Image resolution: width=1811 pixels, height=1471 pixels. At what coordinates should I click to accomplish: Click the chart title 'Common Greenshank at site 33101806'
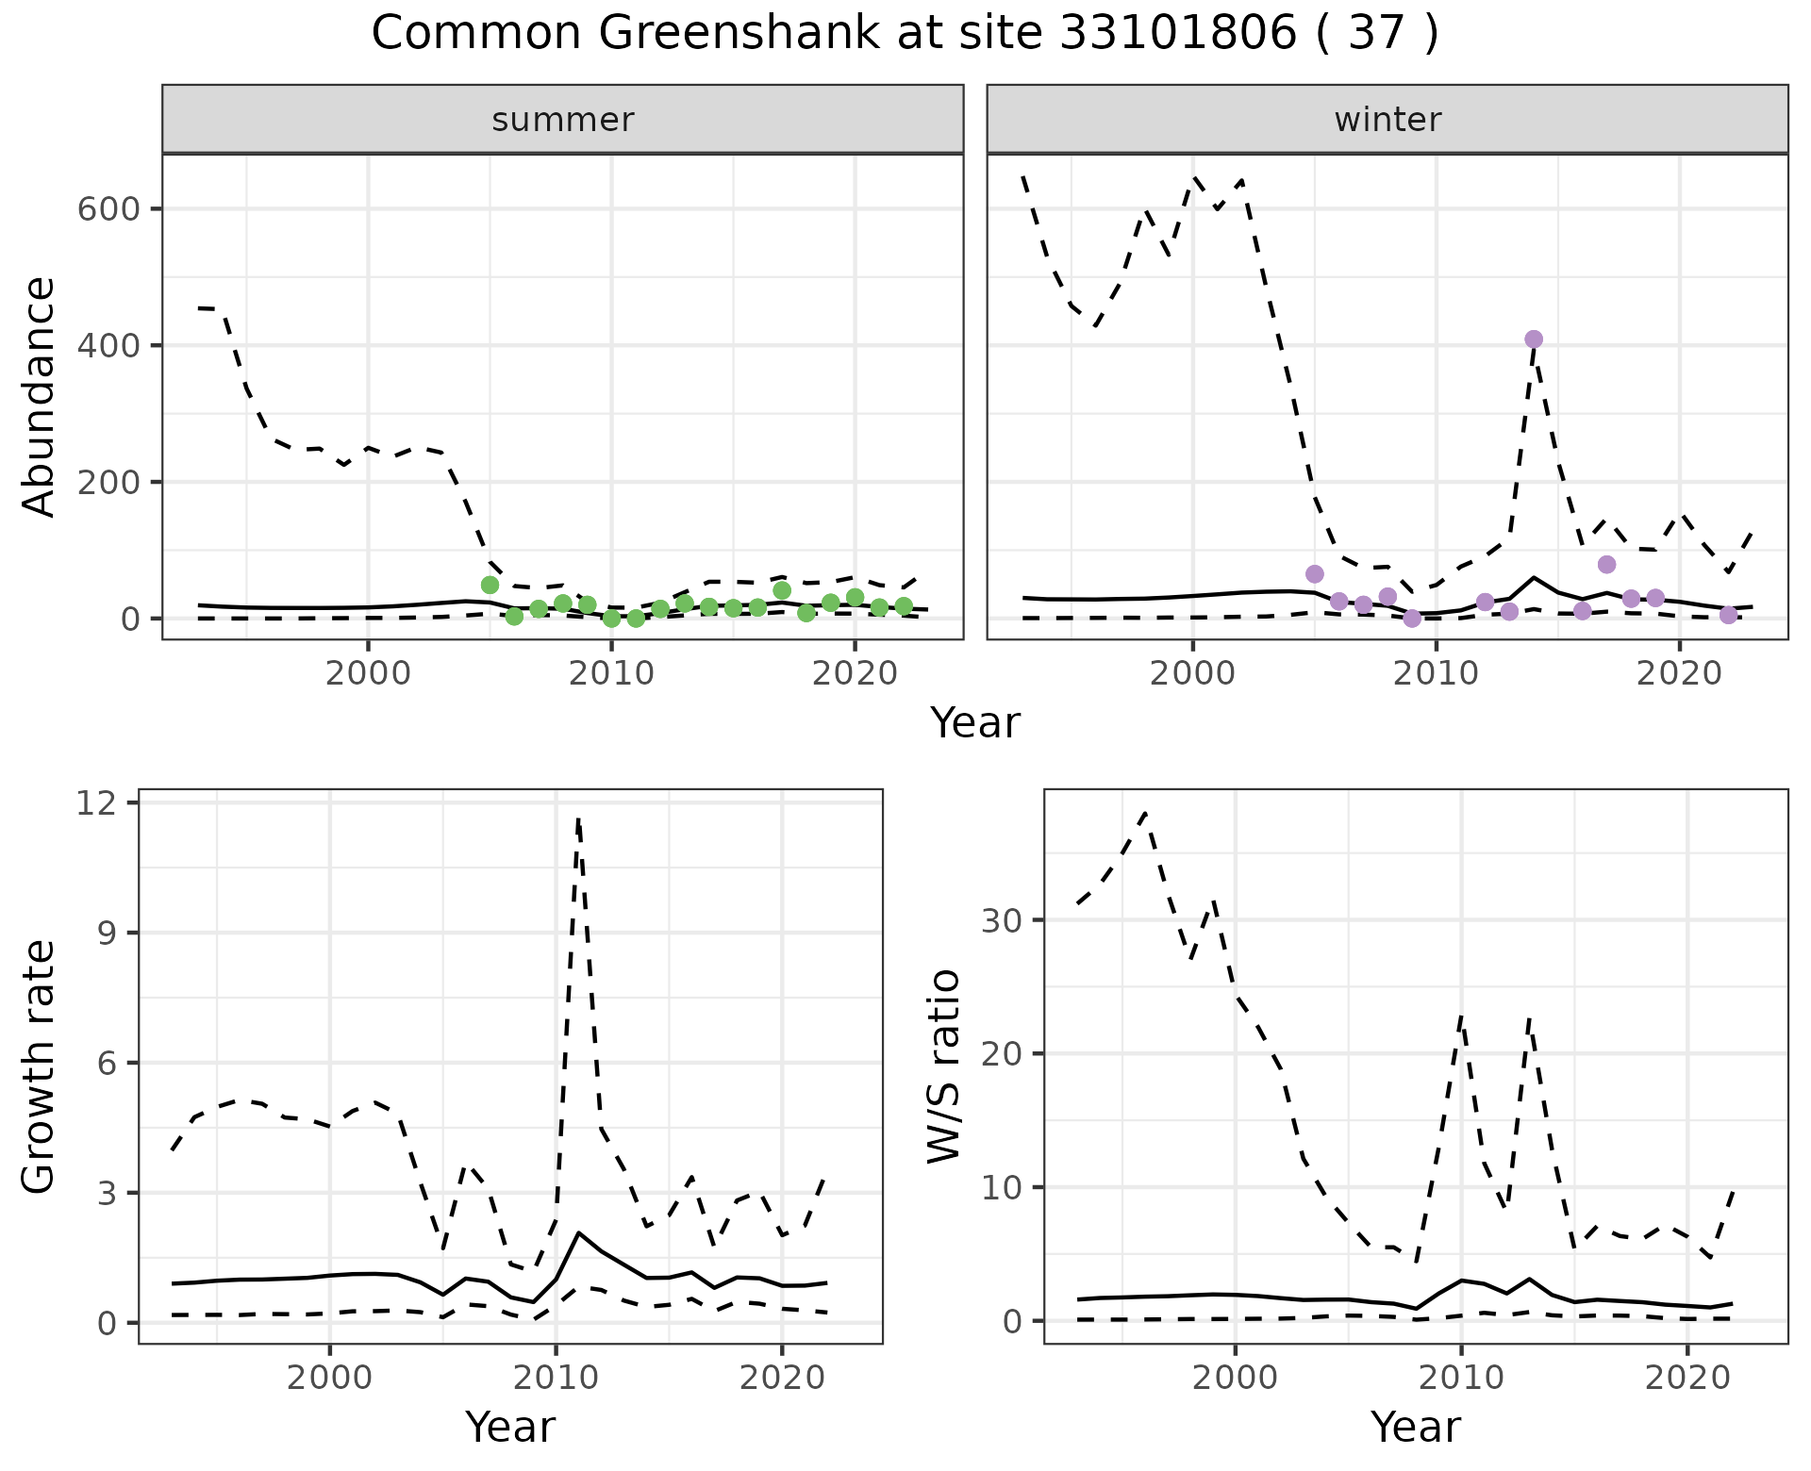click(x=905, y=34)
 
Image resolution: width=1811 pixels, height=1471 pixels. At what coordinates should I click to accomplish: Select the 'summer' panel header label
click(x=563, y=120)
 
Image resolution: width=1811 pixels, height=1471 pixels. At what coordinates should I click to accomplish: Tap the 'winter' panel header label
click(x=1387, y=120)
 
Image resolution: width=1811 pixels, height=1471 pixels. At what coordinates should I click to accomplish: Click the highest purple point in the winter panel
click(x=1534, y=339)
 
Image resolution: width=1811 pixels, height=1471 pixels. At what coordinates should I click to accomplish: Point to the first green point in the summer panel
click(x=490, y=586)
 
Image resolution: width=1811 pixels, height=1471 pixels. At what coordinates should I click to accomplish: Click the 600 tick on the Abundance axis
click(x=109, y=208)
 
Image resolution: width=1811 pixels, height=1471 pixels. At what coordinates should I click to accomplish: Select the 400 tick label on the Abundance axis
click(x=109, y=345)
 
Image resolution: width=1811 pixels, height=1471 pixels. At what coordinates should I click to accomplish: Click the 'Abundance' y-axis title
click(x=40, y=396)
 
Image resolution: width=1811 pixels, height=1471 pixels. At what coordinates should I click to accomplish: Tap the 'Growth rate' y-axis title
click(x=40, y=1066)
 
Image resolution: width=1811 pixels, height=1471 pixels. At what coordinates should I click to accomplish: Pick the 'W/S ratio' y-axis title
click(x=944, y=1066)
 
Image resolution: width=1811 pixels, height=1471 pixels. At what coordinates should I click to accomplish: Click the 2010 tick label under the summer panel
click(x=611, y=674)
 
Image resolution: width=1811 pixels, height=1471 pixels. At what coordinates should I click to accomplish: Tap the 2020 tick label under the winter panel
click(x=1679, y=674)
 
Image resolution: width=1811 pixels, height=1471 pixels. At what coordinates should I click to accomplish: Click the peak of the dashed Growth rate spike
click(x=578, y=818)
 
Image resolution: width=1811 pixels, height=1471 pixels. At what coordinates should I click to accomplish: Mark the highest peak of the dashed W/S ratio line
click(x=1145, y=812)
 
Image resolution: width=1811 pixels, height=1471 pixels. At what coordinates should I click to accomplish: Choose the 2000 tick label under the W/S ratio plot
click(x=1235, y=1378)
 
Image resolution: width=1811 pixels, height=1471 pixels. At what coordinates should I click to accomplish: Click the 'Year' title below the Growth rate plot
click(x=510, y=1427)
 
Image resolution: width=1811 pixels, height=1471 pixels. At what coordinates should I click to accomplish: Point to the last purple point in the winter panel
click(x=1728, y=615)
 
